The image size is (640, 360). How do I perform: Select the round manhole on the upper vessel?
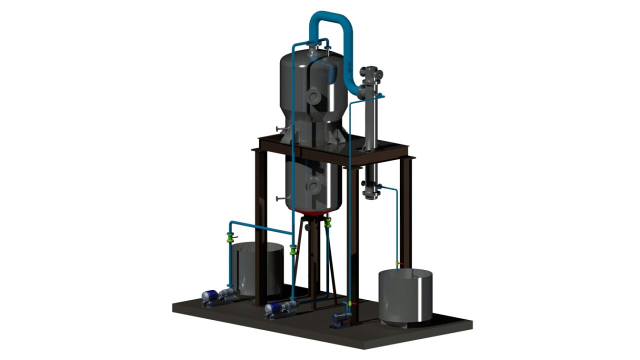pyautogui.click(x=313, y=96)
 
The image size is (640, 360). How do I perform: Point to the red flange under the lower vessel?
pyautogui.click(x=312, y=213)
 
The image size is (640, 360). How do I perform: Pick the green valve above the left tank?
pyautogui.click(x=230, y=237)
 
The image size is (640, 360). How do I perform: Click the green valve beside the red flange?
pyautogui.click(x=328, y=223)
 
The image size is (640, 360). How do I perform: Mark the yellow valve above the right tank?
pyautogui.click(x=398, y=263)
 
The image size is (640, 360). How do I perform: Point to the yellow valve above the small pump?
pyautogui.click(x=350, y=303)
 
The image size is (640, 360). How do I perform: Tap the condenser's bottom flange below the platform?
pyautogui.click(x=370, y=192)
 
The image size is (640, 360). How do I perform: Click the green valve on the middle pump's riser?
pyautogui.click(x=293, y=248)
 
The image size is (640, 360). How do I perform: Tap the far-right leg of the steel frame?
pyautogui.click(x=405, y=210)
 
